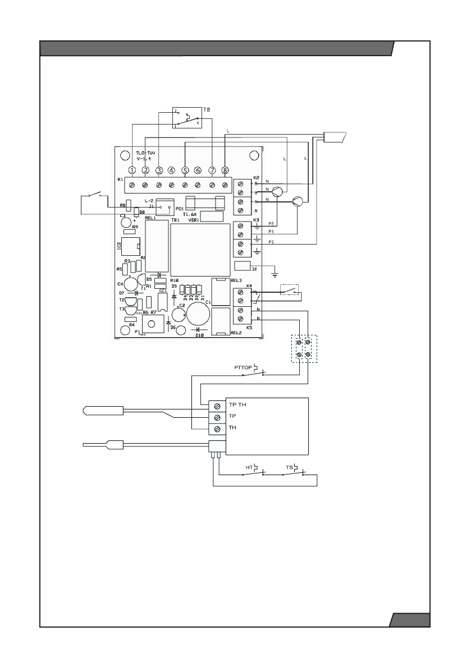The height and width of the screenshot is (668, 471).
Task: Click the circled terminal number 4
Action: click(171, 170)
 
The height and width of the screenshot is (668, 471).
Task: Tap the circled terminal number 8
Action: click(225, 170)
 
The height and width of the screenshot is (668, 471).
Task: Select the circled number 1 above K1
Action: click(132, 170)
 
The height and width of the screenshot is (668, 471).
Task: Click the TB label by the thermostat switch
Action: click(207, 110)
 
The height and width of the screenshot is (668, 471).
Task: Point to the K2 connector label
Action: click(257, 177)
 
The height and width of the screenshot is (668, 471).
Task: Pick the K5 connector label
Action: click(249, 327)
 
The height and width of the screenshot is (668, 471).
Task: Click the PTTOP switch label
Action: click(244, 367)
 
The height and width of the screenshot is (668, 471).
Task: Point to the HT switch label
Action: click(249, 467)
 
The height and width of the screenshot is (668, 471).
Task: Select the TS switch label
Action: click(289, 467)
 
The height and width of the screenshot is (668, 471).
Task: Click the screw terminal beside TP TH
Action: click(217, 404)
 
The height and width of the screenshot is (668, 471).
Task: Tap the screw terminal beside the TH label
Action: click(217, 429)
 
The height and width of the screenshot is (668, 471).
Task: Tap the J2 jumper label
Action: click(255, 269)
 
